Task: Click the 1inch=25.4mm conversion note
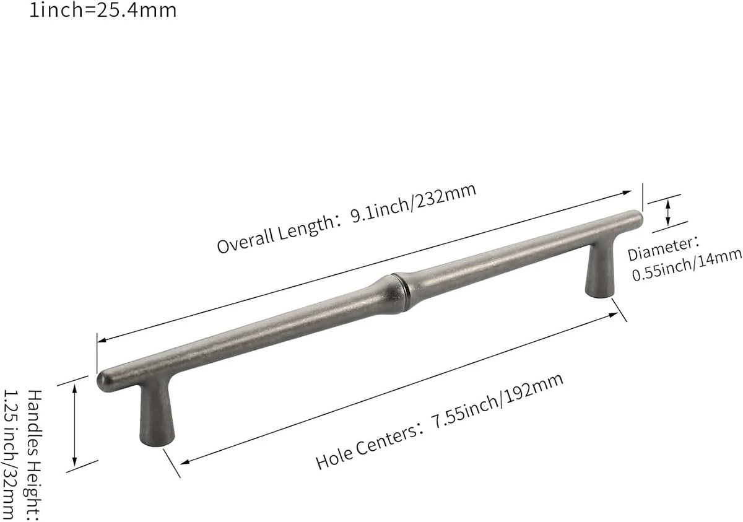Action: (x=103, y=10)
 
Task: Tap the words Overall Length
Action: (x=276, y=235)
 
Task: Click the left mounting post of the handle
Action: (x=157, y=415)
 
